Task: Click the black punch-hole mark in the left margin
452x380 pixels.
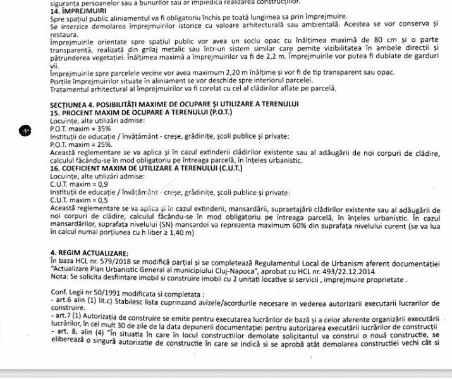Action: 25,130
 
